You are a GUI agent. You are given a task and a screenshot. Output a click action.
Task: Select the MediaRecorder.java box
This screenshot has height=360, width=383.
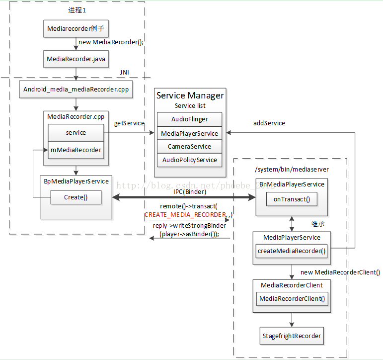pyautogui.click(x=76, y=59)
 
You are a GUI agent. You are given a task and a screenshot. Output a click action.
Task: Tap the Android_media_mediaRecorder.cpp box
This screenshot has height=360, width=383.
pyautogui.click(x=76, y=90)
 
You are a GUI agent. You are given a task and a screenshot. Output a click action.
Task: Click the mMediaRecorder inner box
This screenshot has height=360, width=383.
pyautogui.click(x=76, y=150)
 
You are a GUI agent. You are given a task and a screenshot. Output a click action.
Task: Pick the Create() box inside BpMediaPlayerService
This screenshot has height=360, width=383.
pyautogui.click(x=76, y=197)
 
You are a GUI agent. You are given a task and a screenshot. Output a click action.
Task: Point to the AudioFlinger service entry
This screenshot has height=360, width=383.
pyautogui.click(x=189, y=119)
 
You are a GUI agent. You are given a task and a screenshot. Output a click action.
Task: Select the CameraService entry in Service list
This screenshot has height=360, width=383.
pyautogui.click(x=189, y=147)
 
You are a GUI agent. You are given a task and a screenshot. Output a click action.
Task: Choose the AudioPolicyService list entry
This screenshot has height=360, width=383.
pyautogui.click(x=189, y=160)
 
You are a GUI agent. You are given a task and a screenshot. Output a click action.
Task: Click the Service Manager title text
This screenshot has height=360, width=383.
pyautogui.click(x=190, y=95)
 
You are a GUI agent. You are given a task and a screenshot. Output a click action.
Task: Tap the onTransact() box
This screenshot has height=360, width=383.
pyautogui.click(x=292, y=199)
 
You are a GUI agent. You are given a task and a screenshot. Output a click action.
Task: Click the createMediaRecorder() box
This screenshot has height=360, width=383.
pyautogui.click(x=292, y=251)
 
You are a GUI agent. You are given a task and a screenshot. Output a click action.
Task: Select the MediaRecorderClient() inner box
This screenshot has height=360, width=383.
pyautogui.click(x=292, y=298)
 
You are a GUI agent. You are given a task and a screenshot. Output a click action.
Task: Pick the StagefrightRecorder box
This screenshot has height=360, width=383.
pyautogui.click(x=292, y=336)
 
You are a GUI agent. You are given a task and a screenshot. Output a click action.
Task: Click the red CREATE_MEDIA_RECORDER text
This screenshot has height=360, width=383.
pyautogui.click(x=185, y=215)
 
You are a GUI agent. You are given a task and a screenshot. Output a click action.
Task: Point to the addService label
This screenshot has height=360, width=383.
pyautogui.click(x=269, y=123)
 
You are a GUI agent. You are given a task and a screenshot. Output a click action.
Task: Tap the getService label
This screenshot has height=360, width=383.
pyautogui.click(x=129, y=123)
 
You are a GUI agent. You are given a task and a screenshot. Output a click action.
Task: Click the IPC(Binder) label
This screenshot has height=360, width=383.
pyautogui.click(x=190, y=191)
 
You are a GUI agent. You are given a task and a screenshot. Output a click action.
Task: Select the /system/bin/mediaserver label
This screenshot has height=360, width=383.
pyautogui.click(x=292, y=169)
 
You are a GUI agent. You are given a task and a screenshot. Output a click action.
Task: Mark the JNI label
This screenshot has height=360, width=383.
pyautogui.click(x=125, y=73)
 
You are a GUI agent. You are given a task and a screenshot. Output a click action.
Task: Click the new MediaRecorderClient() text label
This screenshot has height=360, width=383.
pyautogui.click(x=340, y=272)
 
